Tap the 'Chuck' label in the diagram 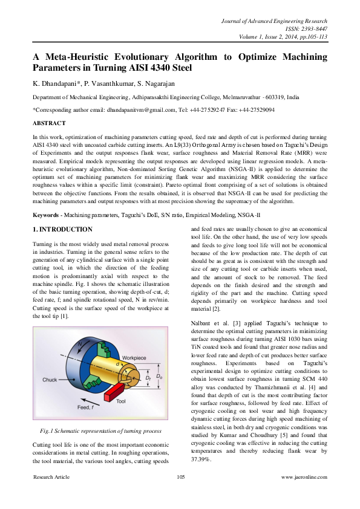pos(51,380)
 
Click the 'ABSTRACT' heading pos(50,123)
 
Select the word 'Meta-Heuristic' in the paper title pos(76,56)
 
